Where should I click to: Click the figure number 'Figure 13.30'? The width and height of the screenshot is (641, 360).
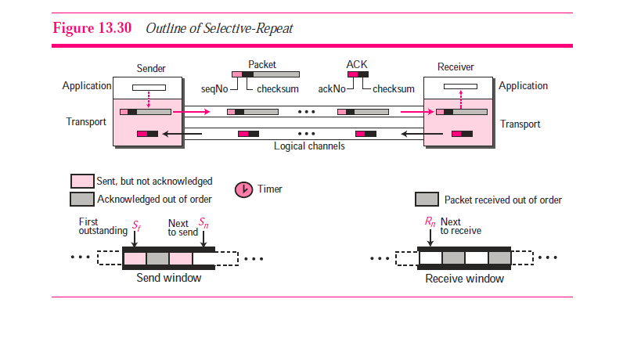(x=93, y=29)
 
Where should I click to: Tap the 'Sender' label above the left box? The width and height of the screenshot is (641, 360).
(x=151, y=69)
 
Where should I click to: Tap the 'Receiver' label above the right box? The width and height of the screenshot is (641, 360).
(x=456, y=67)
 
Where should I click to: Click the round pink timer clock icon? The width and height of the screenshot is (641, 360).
(x=244, y=189)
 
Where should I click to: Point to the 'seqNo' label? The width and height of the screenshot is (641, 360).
(x=214, y=88)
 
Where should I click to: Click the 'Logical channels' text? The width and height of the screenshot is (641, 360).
(x=309, y=146)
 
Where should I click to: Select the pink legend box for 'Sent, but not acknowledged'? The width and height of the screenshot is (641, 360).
(x=82, y=182)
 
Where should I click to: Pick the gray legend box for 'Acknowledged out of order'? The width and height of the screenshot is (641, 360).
(x=82, y=199)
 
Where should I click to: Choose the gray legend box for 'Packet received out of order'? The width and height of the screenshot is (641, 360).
(x=427, y=200)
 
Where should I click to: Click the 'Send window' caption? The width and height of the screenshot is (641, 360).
(x=169, y=278)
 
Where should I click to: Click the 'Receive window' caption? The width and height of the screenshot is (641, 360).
(x=465, y=279)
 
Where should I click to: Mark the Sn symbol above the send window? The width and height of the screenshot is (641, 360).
(x=203, y=223)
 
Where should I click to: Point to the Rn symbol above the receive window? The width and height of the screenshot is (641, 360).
(x=430, y=222)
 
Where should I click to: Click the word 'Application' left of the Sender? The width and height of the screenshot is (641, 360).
(x=86, y=86)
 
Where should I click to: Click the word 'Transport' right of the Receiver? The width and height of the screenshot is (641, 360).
(x=520, y=124)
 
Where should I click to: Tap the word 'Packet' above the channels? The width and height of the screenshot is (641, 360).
(x=262, y=64)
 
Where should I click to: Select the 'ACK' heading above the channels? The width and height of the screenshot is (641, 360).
(x=356, y=64)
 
